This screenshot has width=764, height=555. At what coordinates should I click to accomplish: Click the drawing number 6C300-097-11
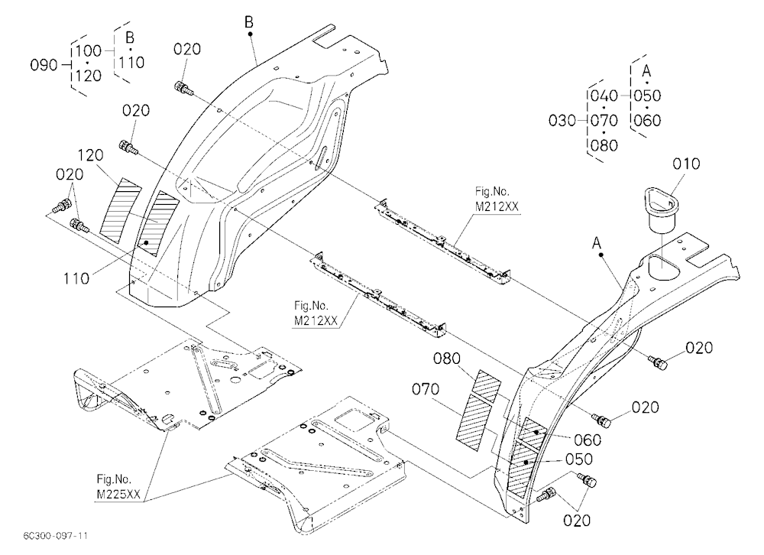coord(56,536)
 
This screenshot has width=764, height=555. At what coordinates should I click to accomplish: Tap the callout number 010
coord(686,164)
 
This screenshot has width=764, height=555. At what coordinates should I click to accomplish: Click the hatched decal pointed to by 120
coord(120,211)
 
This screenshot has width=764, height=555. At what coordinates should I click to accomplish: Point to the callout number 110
coord(76,279)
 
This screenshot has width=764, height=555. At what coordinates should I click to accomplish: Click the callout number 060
coord(588,440)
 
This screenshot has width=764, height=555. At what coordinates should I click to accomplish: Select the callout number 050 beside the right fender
coord(579,459)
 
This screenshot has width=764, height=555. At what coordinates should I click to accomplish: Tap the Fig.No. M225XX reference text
coord(118,487)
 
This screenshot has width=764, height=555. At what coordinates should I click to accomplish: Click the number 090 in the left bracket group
coord(44,65)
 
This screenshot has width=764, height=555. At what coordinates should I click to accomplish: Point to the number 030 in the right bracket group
coord(562,121)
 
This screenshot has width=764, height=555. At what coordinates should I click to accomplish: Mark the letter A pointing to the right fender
coord(597,243)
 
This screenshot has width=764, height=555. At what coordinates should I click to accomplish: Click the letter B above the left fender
coord(249,22)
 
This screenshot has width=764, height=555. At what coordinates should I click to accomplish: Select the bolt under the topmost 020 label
coord(183,88)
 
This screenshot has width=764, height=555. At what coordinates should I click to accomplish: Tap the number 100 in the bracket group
coord(88,50)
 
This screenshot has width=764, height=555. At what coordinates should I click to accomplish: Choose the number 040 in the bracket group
coord(604,96)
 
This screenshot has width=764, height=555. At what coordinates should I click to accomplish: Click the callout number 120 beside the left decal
coord(91,156)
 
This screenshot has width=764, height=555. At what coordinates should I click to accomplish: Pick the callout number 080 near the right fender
coord(447,359)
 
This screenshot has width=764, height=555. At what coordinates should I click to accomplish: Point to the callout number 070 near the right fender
coord(426,389)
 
